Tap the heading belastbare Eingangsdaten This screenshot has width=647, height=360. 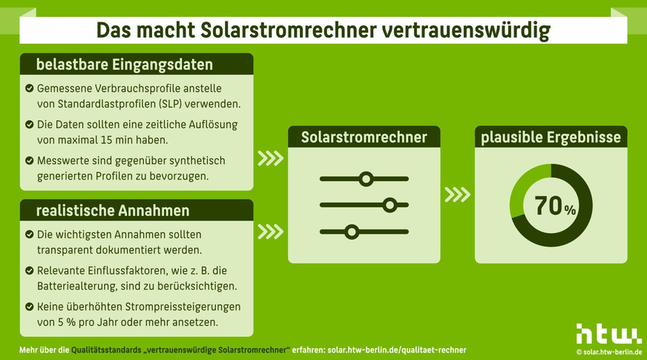tap(125, 65)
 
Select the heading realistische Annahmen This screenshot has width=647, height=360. tap(113, 211)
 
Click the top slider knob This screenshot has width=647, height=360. tap(365, 178)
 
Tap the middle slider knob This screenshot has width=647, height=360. tap(390, 205)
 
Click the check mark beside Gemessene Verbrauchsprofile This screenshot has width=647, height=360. tap(29, 88)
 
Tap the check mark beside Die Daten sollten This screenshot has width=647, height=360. tap(29, 125)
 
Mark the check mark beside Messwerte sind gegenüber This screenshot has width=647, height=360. tap(29, 160)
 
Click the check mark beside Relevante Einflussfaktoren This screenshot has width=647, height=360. tap(29, 270)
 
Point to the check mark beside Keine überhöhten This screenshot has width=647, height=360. tap(29, 306)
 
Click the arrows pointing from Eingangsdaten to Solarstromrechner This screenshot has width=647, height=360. tap(270, 158)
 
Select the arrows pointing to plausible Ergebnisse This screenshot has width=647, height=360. tap(457, 194)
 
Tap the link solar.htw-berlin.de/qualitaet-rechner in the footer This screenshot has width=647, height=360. tap(397, 350)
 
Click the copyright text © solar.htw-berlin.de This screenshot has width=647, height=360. tap(609, 350)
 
